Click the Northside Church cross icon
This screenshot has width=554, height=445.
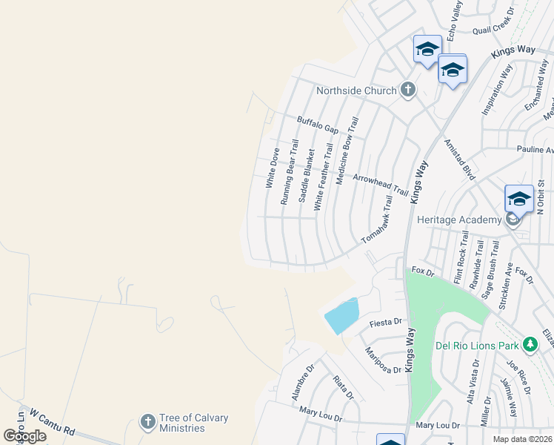pyautogui.click(x=407, y=90)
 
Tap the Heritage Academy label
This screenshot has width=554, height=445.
pyautogui.click(x=458, y=220)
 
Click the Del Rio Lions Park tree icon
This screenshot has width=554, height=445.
pyautogui.click(x=530, y=345)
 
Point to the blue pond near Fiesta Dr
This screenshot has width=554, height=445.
pyautogui.click(x=341, y=316)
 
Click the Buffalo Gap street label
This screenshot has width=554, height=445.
pyautogui.click(x=317, y=125)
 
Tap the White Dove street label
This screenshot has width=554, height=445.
pyautogui.click(x=272, y=167)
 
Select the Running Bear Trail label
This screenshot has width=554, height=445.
pyautogui.click(x=289, y=172)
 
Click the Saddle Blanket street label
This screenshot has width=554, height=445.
pyautogui.click(x=305, y=176)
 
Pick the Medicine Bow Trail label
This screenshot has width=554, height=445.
pyautogui.click(x=346, y=151)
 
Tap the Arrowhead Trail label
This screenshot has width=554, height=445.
pyautogui.click(x=380, y=185)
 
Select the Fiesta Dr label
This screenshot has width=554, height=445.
pyautogui.click(x=386, y=322)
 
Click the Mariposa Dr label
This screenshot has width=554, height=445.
pyautogui.click(x=383, y=360)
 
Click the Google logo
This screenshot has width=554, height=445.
pyautogui.click(x=24, y=435)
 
